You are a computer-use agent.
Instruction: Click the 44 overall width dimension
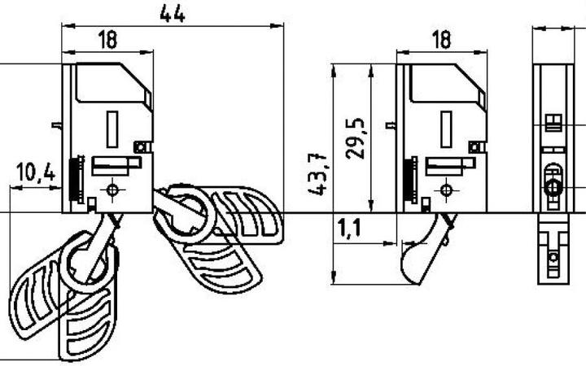(173, 13)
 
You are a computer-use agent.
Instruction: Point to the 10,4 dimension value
(35, 172)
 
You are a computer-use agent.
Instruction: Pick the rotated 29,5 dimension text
(356, 137)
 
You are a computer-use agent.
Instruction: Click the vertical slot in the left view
(112, 130)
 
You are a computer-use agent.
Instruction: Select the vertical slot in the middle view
(446, 130)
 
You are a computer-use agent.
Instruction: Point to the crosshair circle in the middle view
(445, 190)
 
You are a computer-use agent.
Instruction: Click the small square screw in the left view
(141, 146)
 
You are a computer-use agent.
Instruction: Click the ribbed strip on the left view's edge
(77, 179)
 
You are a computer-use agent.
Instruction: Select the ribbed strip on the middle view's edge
(410, 179)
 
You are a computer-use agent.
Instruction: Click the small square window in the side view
(553, 123)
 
